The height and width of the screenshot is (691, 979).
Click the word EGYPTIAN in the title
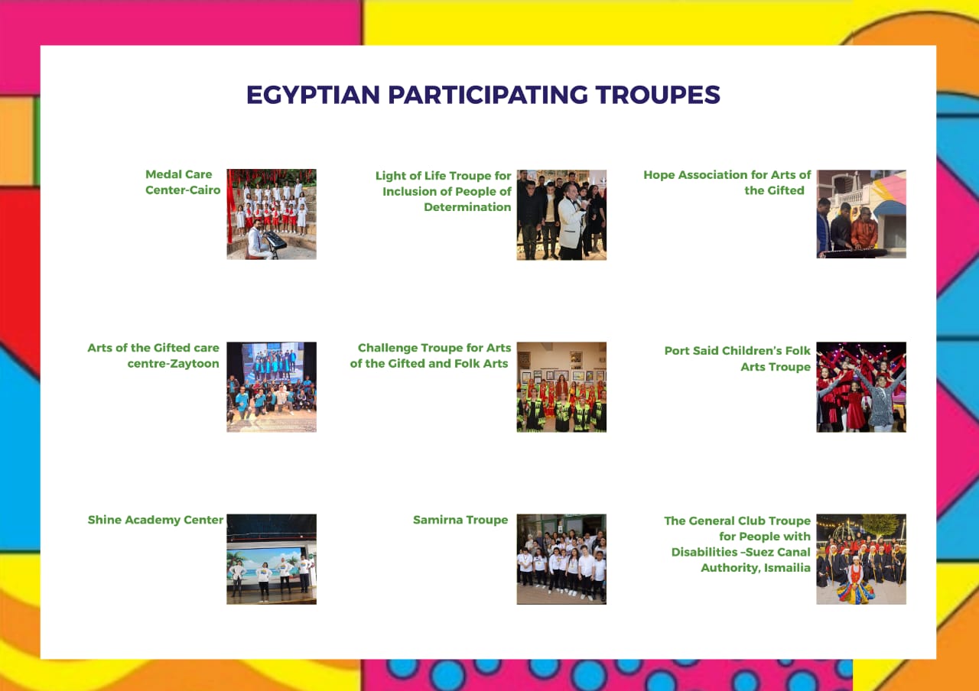[313, 95]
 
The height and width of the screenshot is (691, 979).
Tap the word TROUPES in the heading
[657, 95]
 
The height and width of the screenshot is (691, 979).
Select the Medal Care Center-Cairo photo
[272, 214]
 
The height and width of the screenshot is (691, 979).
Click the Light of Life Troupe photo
[561, 215]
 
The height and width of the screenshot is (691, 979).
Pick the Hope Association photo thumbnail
[861, 214]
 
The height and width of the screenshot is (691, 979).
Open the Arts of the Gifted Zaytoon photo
[272, 387]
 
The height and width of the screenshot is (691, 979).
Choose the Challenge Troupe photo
[561, 387]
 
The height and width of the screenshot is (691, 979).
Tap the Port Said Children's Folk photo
[861, 387]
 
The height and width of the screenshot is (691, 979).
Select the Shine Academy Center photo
[272, 559]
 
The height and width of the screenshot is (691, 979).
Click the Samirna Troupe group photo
[561, 559]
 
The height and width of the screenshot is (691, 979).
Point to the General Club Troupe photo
[861, 559]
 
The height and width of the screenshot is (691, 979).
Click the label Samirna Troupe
[460, 520]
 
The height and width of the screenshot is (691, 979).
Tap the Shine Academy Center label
[155, 521]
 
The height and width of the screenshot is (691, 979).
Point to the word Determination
[467, 207]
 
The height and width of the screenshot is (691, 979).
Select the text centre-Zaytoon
[173, 364]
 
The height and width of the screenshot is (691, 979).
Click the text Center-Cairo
[183, 190]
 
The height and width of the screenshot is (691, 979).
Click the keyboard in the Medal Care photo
[275, 240]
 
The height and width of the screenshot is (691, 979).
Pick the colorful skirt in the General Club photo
[855, 594]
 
